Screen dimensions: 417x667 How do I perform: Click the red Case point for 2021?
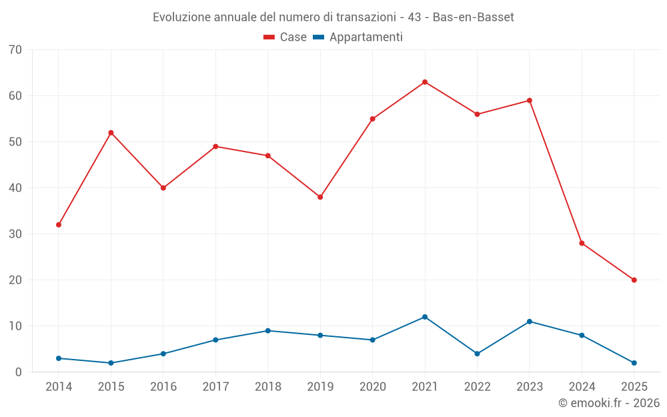(x=425, y=82)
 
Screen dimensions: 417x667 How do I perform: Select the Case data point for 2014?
(x=59, y=225)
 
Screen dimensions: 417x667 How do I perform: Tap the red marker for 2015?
(x=111, y=133)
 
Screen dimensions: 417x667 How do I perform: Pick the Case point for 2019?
(x=320, y=197)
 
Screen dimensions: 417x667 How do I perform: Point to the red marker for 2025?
(x=634, y=280)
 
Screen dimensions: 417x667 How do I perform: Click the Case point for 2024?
(x=582, y=244)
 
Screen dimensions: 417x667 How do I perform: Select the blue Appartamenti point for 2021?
(x=425, y=317)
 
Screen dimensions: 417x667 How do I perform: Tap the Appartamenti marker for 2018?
(x=268, y=331)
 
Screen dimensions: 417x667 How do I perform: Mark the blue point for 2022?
(x=477, y=354)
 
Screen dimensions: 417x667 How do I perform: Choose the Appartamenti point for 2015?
(x=111, y=363)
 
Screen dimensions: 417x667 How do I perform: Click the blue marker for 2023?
(x=530, y=322)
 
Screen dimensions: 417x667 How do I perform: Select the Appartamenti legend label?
(x=366, y=37)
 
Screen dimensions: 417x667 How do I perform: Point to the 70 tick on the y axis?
(x=15, y=50)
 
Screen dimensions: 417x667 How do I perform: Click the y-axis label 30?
(x=15, y=234)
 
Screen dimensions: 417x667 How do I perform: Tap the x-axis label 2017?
(x=215, y=387)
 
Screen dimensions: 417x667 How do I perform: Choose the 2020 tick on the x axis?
(x=372, y=387)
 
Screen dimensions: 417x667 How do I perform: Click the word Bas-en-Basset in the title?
(x=473, y=17)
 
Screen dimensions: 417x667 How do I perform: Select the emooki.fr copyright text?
(x=609, y=403)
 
